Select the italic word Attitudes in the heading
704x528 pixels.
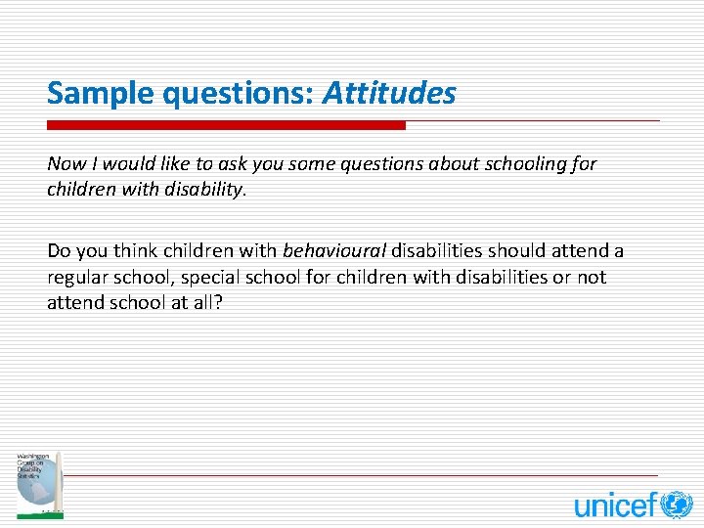click(x=389, y=94)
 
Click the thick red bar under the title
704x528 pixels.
click(x=226, y=125)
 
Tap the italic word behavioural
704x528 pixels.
click(x=334, y=251)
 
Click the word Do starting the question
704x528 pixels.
click(x=59, y=251)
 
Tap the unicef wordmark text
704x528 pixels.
click(x=615, y=506)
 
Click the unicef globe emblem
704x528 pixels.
click(x=676, y=505)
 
